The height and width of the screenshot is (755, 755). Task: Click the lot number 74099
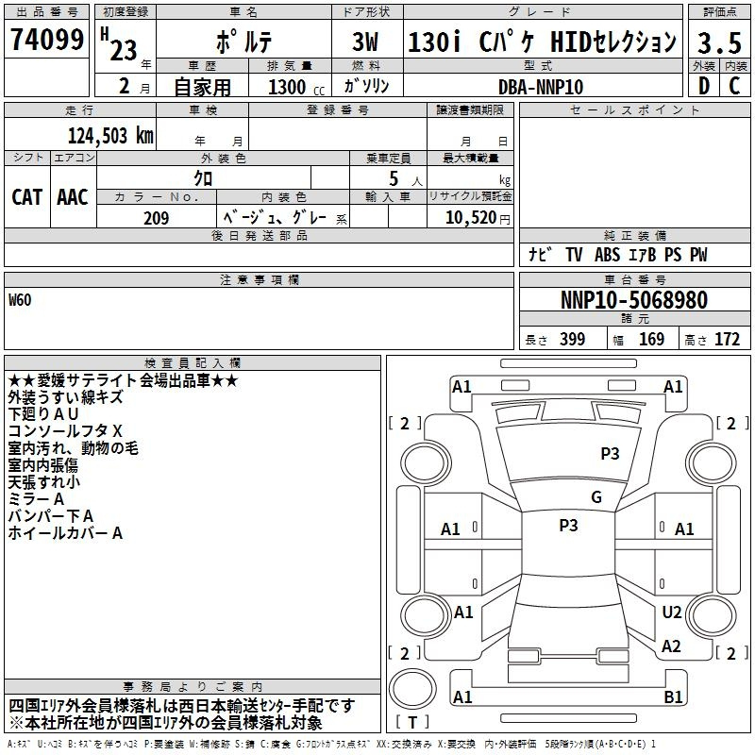coord(47,39)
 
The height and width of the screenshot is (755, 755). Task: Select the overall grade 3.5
coord(719,42)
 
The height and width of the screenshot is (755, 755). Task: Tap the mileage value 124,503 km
coord(110,136)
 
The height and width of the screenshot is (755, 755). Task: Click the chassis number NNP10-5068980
coord(634,300)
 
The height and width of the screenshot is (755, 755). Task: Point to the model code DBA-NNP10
coord(540,87)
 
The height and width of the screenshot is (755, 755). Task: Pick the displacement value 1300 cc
coord(296,87)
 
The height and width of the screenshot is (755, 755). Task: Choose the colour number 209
coord(156,218)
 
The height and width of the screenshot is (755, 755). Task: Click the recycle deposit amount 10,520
coord(471,217)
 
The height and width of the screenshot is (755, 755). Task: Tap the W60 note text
coord(20,300)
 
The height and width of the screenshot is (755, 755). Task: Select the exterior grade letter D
coord(704,86)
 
